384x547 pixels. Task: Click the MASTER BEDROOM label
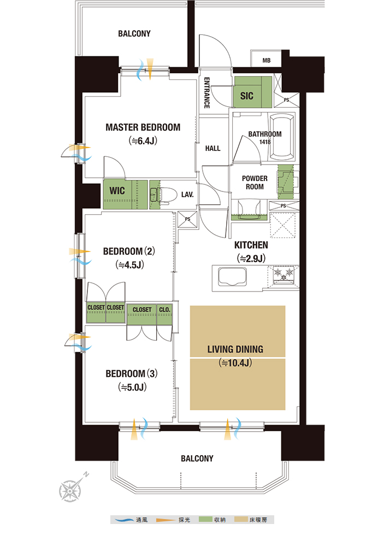coord(143,127)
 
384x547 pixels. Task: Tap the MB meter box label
coord(267,60)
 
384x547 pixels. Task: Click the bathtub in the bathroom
coord(282,137)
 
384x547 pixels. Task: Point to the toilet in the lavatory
coord(163,195)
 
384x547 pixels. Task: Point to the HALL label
coord(212,148)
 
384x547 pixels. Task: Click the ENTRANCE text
coord(206,93)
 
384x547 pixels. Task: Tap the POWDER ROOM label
coord(255,183)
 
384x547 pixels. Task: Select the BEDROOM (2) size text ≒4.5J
coord(129,265)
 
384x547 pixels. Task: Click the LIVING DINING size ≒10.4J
coord(235,363)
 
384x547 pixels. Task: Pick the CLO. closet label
coord(165,310)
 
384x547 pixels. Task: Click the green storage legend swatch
coord(205,519)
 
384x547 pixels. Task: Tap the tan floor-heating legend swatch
coord(241,520)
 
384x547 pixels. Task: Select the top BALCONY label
coord(134,34)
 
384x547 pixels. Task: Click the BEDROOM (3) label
coord(131,374)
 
